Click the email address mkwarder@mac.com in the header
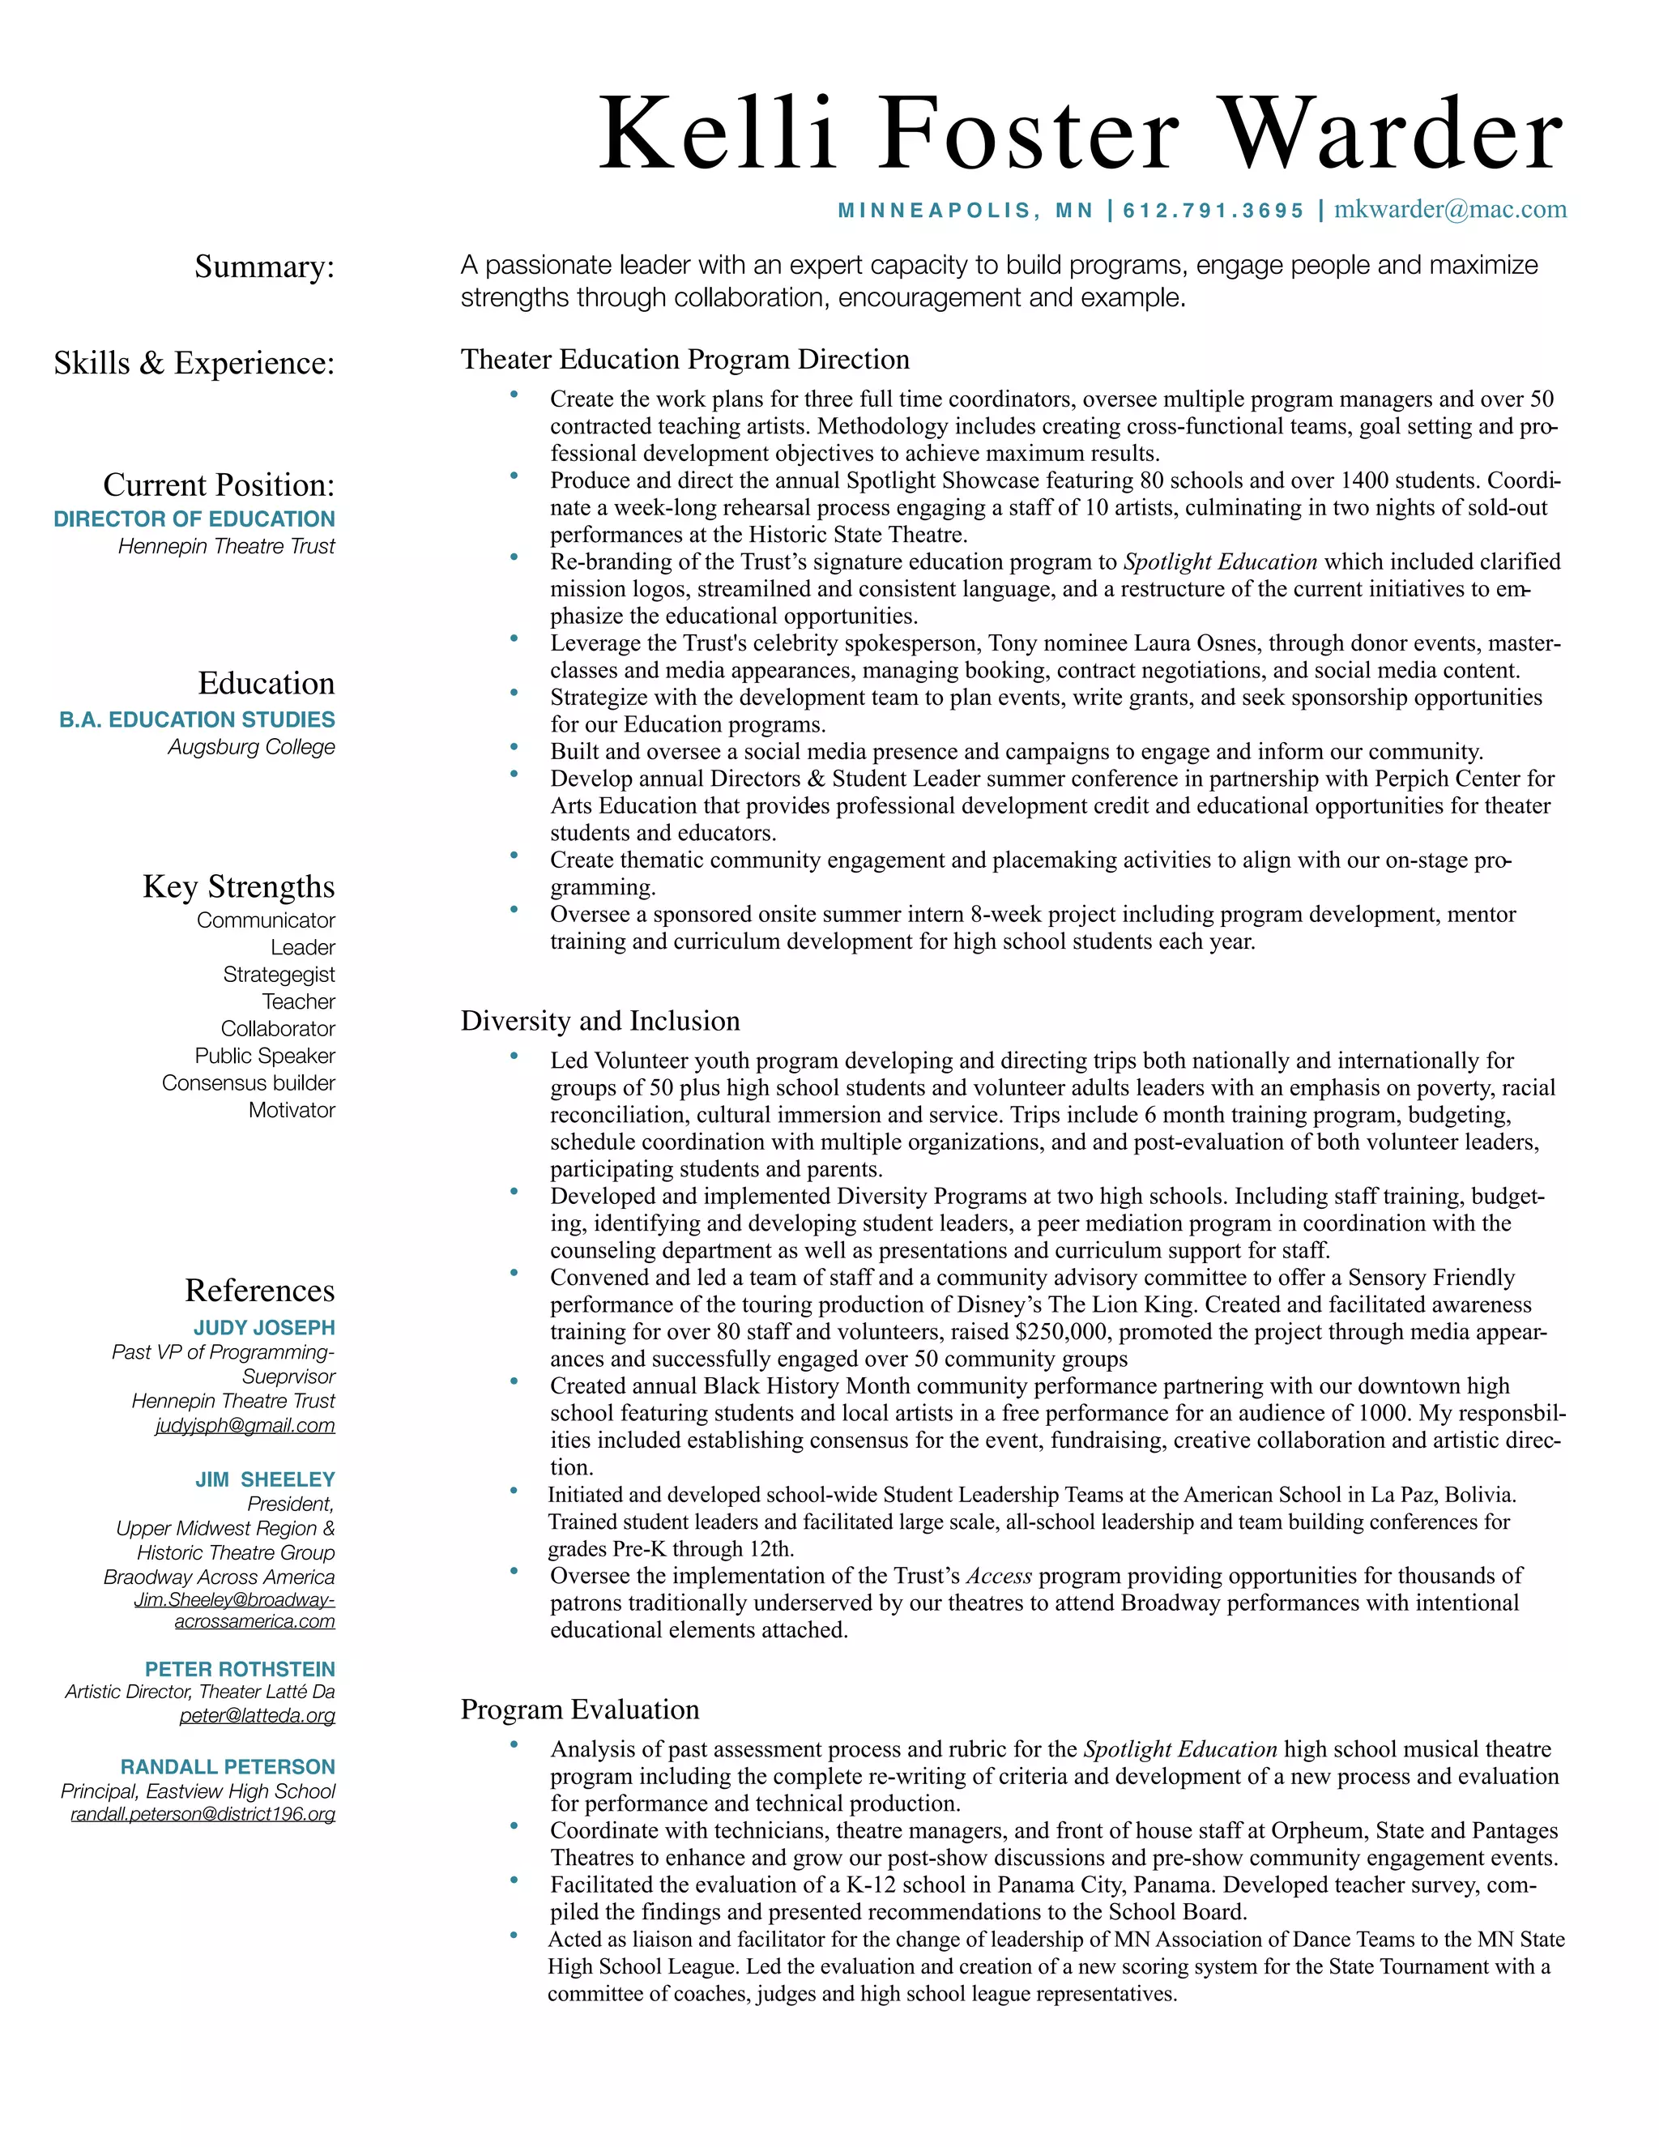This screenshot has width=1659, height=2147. pyautogui.click(x=1450, y=209)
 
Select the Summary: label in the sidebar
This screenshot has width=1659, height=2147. pyautogui.click(x=264, y=267)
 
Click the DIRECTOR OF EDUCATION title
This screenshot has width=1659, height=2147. pyautogui.click(x=194, y=519)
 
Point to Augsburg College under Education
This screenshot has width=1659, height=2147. pyautogui.click(x=252, y=747)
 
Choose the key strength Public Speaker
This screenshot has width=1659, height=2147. pyautogui.click(x=266, y=1056)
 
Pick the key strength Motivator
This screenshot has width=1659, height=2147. pyautogui.click(x=292, y=1110)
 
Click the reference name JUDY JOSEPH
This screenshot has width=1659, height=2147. pyautogui.click(x=264, y=1327)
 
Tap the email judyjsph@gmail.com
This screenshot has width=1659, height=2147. pyautogui.click(x=245, y=1425)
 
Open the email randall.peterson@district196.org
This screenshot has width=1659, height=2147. pyautogui.click(x=203, y=1814)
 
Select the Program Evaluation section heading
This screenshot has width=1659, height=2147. pyautogui.click(x=580, y=1709)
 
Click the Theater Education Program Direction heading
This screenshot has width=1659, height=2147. pyautogui.click(x=685, y=359)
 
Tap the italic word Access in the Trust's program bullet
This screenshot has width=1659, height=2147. pyautogui.click(x=999, y=1576)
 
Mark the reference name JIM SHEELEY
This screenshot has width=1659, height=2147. pyautogui.click(x=266, y=1479)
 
